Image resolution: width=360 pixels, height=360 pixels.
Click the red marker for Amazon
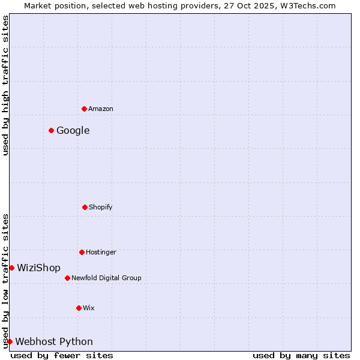pyautogui.click(x=84, y=109)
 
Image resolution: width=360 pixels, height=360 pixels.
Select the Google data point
pyautogui.click(x=51, y=130)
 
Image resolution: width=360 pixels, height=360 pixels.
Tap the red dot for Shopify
pyautogui.click(x=85, y=207)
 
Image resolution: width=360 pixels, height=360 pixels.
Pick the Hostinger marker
pyautogui.click(x=82, y=252)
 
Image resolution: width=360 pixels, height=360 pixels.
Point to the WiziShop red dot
pyautogui.click(x=11, y=268)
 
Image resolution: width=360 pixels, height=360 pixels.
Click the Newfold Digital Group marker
pyautogui.click(x=67, y=278)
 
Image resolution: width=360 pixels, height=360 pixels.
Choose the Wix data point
pyautogui.click(x=79, y=308)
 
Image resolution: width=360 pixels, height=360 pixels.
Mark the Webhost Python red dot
pyautogui.click(x=10, y=341)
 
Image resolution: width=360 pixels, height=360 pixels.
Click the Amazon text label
pyautogui.click(x=101, y=109)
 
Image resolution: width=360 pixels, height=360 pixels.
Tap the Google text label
pyautogui.click(x=73, y=130)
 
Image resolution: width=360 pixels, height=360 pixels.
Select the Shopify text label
pyautogui.click(x=101, y=207)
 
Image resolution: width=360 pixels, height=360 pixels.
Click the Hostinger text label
pyautogui.click(x=101, y=252)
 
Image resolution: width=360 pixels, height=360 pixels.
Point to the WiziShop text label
pyautogui.click(x=39, y=268)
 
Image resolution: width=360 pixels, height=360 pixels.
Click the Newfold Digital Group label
pyautogui.click(x=106, y=278)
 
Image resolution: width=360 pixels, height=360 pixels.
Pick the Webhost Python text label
pyautogui.click(x=54, y=341)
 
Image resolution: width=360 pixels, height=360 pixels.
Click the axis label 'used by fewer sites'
pyautogui.click(x=62, y=355)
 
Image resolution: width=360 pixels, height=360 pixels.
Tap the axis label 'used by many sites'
pyautogui.click(x=301, y=355)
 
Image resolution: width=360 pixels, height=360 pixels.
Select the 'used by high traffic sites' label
pyautogui.click(x=5, y=85)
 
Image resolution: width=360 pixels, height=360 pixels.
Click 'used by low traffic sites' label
pyautogui.click(x=5, y=280)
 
